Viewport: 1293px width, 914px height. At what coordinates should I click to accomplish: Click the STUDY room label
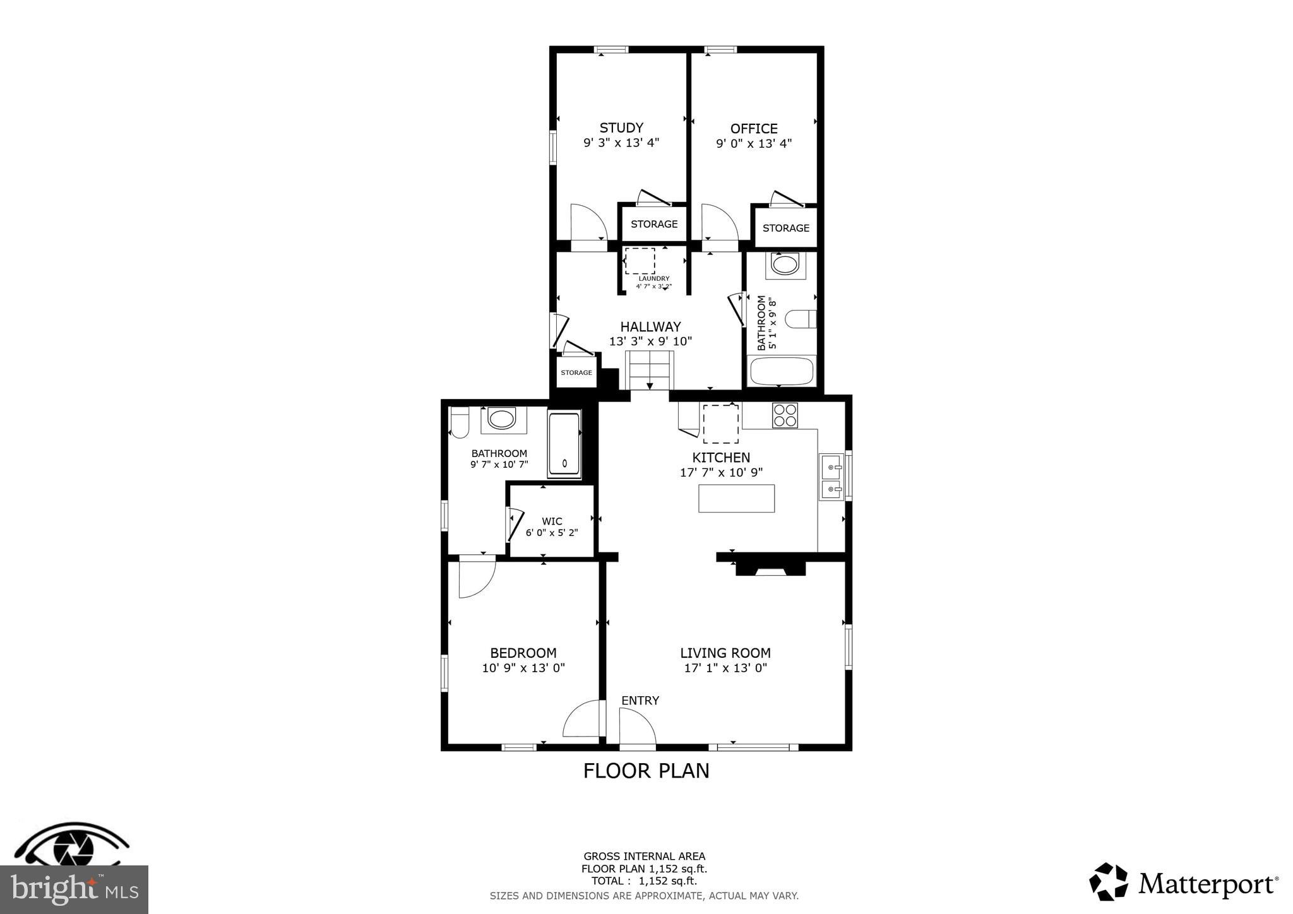point(621,128)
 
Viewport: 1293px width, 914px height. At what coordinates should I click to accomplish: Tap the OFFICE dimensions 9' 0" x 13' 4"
point(753,143)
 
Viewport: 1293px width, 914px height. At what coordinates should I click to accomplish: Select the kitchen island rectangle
point(736,498)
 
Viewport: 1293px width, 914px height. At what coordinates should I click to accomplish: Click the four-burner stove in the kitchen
point(785,415)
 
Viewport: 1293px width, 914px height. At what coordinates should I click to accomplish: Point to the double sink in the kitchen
point(831,477)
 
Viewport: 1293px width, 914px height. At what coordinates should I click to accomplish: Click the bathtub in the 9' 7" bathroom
point(564,443)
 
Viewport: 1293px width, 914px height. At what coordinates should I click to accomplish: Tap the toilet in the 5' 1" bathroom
point(801,319)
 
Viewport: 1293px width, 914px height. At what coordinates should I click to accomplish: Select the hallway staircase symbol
point(650,371)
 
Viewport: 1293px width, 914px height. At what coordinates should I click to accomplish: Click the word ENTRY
point(640,701)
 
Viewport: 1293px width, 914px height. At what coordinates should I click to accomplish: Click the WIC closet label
point(552,521)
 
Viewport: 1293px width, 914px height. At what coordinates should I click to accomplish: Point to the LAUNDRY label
point(653,278)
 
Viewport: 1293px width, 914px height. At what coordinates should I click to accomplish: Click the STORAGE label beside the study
point(654,224)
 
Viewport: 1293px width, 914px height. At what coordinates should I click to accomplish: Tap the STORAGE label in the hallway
point(576,372)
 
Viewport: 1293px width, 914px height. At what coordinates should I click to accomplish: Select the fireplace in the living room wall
point(770,568)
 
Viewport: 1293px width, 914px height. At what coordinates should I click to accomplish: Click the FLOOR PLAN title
point(646,771)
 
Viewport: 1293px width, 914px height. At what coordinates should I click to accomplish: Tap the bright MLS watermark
point(74,890)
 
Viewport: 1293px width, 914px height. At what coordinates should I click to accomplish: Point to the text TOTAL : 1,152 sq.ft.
point(644,881)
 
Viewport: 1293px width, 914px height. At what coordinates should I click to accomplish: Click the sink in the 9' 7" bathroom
point(503,420)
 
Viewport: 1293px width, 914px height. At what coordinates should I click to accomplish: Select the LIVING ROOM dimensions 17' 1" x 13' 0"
point(725,668)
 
